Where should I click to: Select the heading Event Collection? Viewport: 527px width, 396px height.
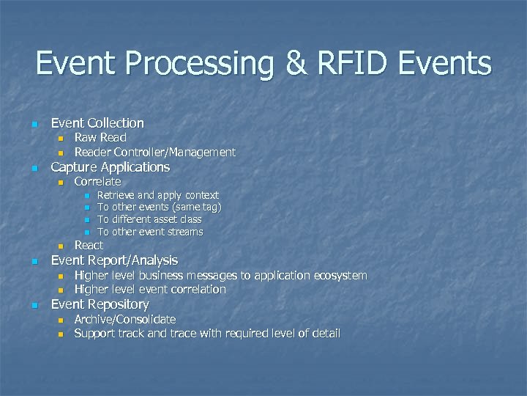coord(97,123)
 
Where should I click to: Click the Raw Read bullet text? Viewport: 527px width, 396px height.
coord(100,138)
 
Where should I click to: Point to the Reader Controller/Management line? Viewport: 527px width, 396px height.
coord(155,153)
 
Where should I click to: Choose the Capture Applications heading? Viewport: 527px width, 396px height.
coord(110,167)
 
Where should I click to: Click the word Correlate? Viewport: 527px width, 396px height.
coord(97,181)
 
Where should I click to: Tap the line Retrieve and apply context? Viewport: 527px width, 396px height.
coord(158,195)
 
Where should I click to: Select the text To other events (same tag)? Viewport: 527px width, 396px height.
coord(160,208)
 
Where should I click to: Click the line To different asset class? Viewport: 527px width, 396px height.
coord(150,219)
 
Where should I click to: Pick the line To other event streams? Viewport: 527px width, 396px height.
coord(151,232)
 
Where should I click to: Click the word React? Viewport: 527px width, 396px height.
coord(89,245)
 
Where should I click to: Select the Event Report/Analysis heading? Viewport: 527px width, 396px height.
coord(114,260)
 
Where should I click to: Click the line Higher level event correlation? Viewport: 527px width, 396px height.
coord(150,290)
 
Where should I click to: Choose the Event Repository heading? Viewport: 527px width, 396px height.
coord(100,304)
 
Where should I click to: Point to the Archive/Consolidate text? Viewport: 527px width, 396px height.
coord(125,320)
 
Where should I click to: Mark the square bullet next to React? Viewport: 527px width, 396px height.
coord(61,246)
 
